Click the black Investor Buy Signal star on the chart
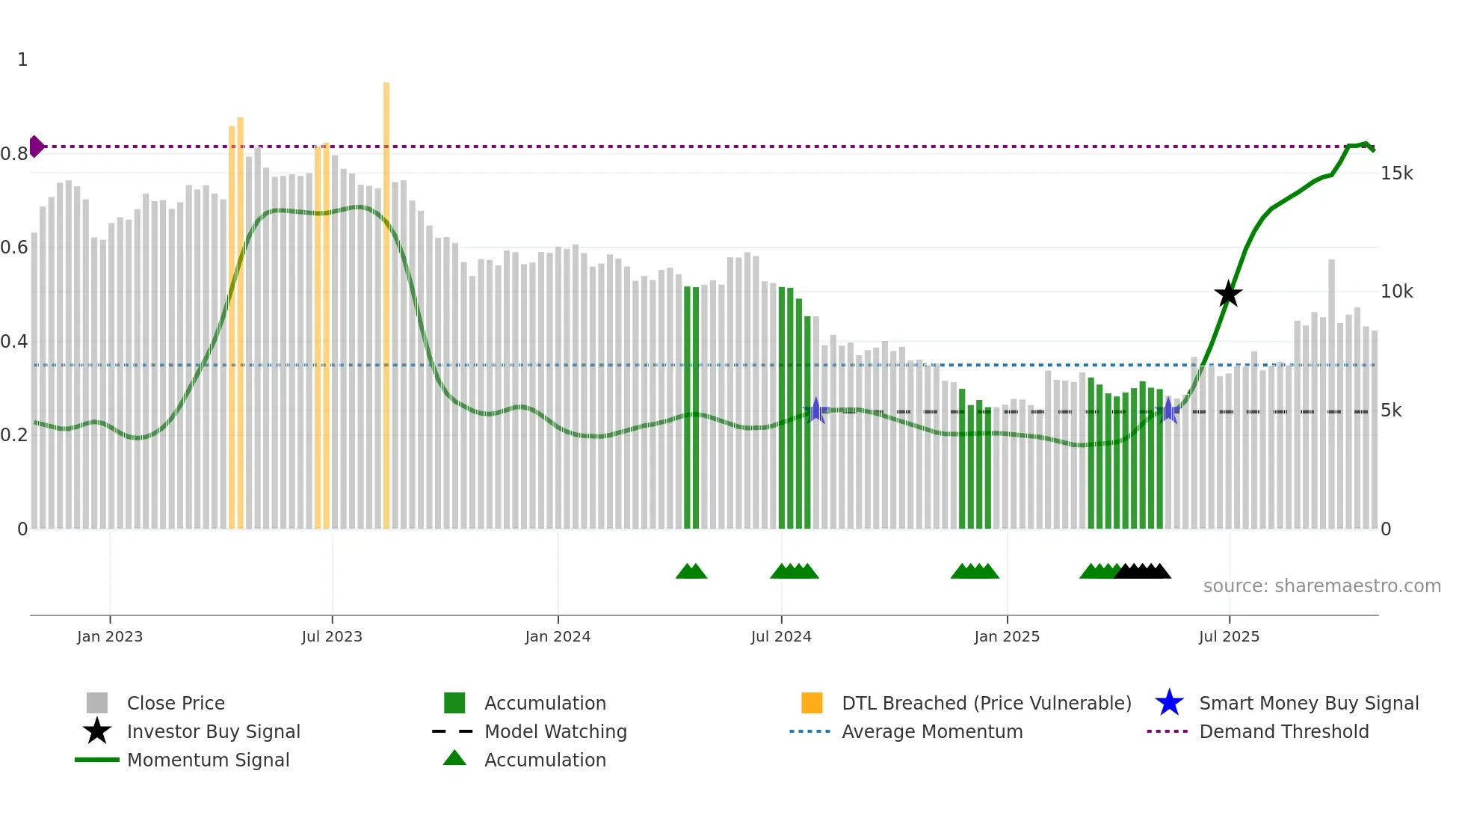[1228, 294]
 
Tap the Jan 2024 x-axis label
[558, 636]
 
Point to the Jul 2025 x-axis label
[1229, 636]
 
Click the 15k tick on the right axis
[1396, 173]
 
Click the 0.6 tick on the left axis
[15, 247]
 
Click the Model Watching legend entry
[555, 731]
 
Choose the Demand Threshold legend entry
[1283, 731]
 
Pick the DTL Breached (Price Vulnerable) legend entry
[986, 703]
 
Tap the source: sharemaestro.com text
[1321, 585]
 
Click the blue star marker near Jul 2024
[816, 411]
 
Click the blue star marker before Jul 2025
[1168, 411]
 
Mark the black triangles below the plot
[1142, 571]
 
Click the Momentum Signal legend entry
[208, 760]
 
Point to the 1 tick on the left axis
[22, 60]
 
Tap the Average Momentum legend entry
[931, 731]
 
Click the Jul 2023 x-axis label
[332, 636]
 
